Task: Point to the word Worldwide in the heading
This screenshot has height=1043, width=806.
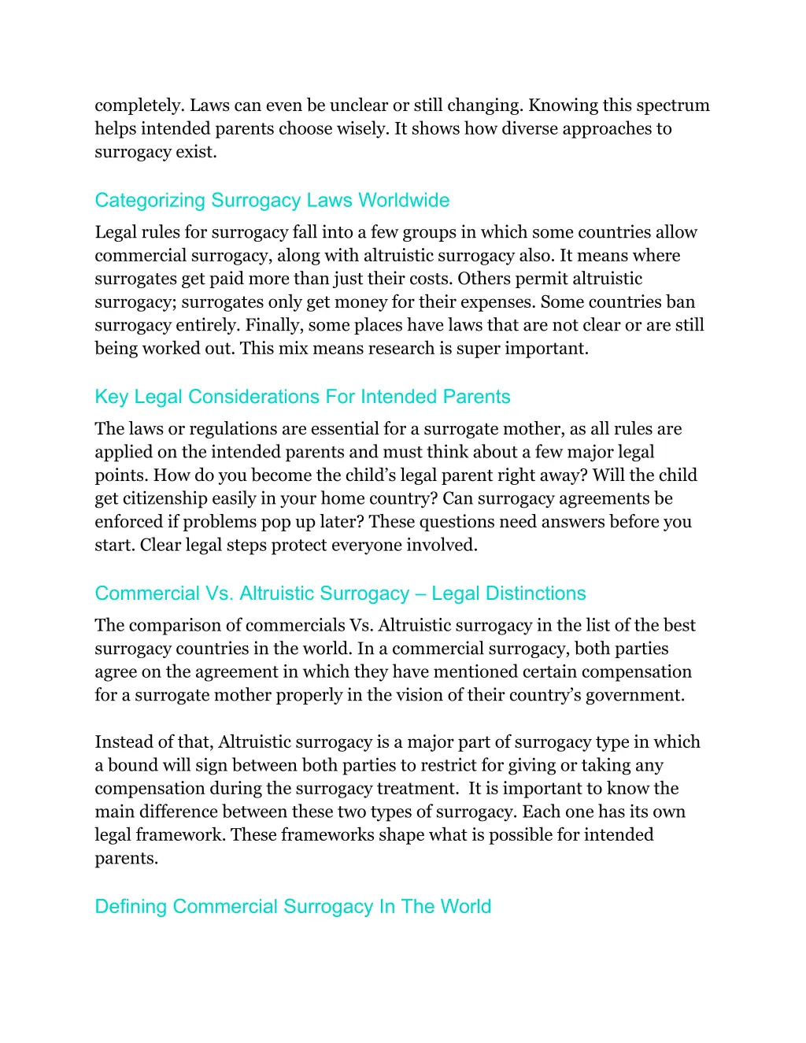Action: [404, 201]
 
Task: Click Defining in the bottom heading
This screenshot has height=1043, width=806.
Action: [131, 907]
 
